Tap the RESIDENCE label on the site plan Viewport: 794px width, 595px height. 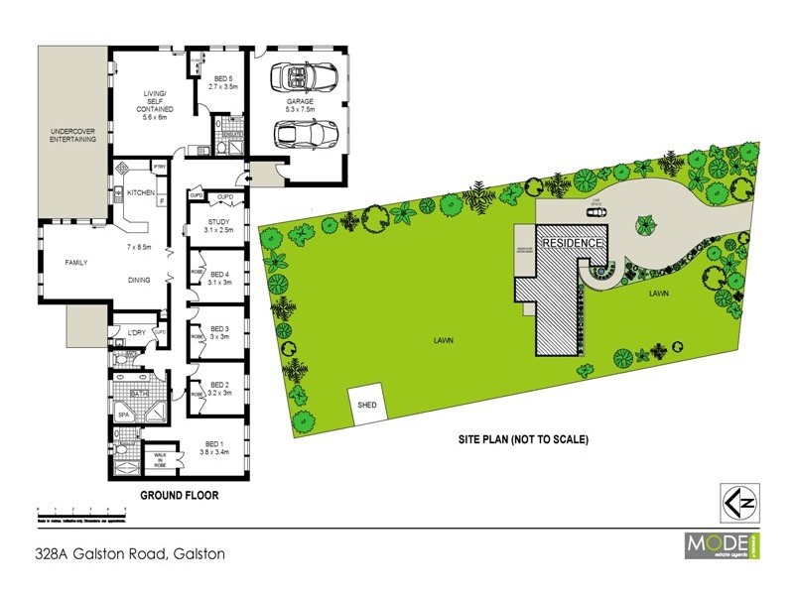coord(571,243)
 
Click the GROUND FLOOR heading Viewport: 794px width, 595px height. coord(179,495)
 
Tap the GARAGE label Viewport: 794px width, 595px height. coord(301,101)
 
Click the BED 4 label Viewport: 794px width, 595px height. coord(219,278)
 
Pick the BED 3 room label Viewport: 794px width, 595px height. coord(218,333)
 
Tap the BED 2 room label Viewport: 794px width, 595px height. coord(218,389)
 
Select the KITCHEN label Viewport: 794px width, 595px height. coord(140,192)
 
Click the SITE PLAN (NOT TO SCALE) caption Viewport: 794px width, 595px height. coord(524,438)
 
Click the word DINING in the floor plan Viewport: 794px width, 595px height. coord(139,280)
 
